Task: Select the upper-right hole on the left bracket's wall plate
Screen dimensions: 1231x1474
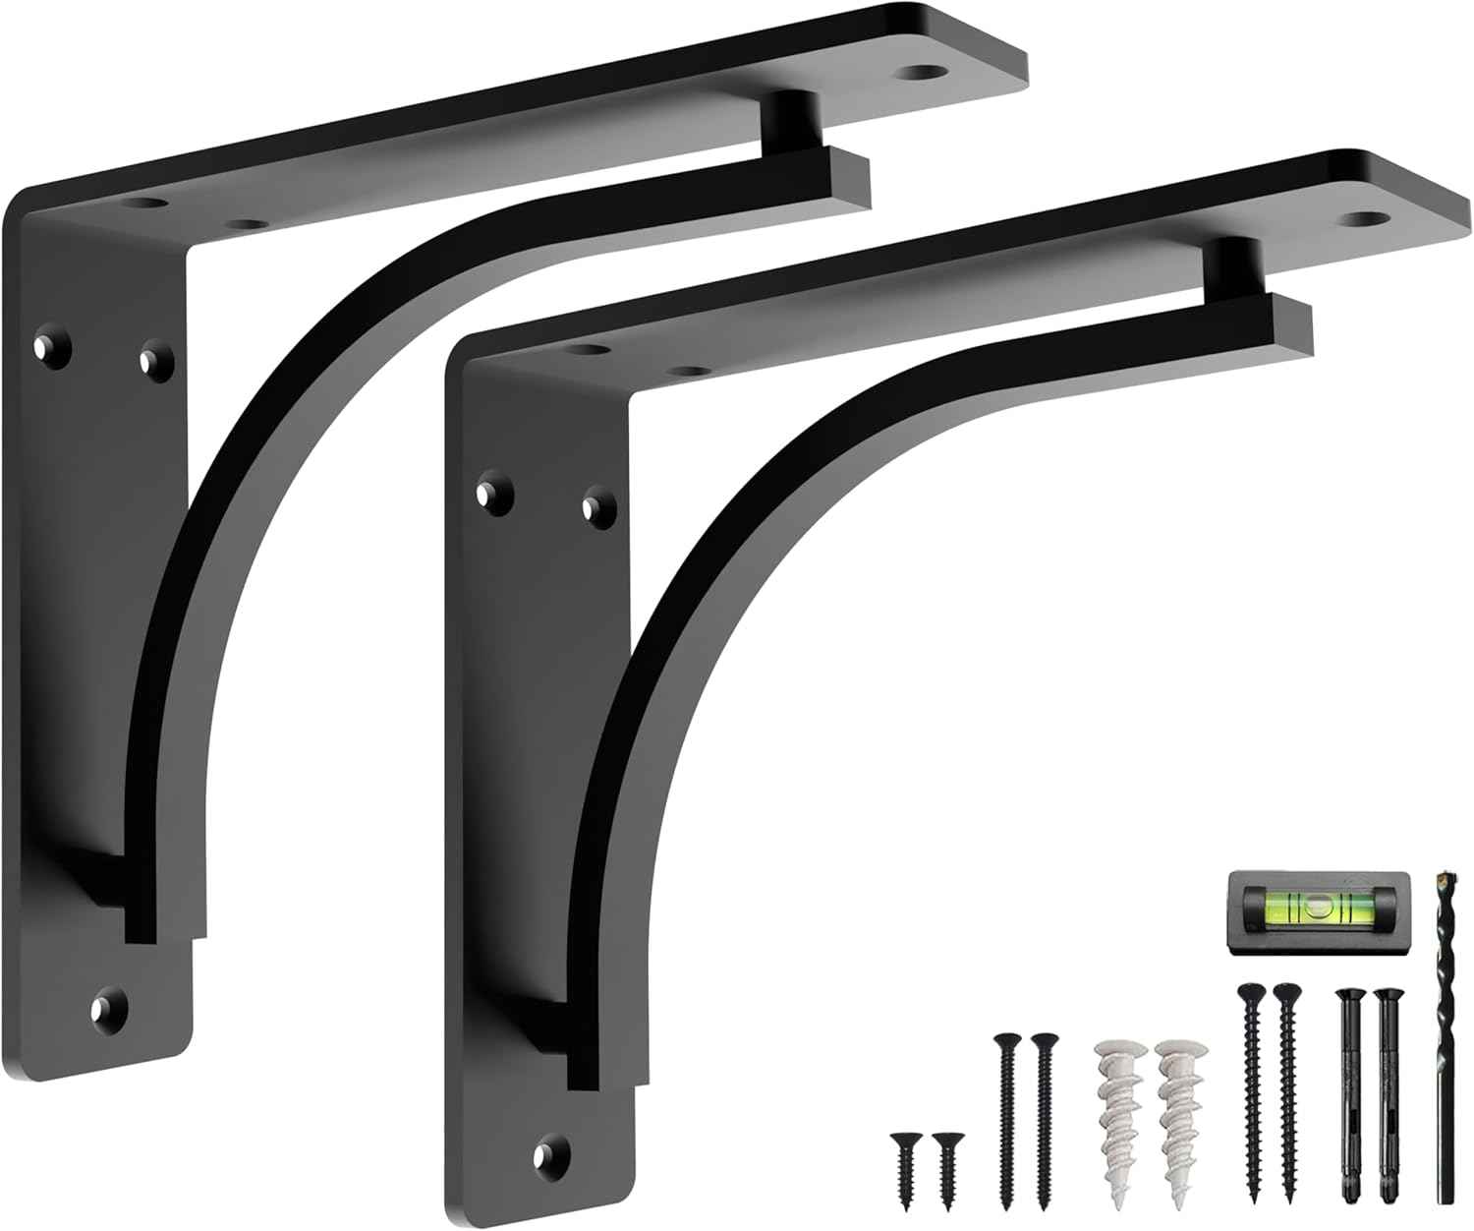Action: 153,358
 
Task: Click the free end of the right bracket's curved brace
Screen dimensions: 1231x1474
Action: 1295,326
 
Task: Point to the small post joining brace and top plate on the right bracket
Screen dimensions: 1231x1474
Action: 1225,263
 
